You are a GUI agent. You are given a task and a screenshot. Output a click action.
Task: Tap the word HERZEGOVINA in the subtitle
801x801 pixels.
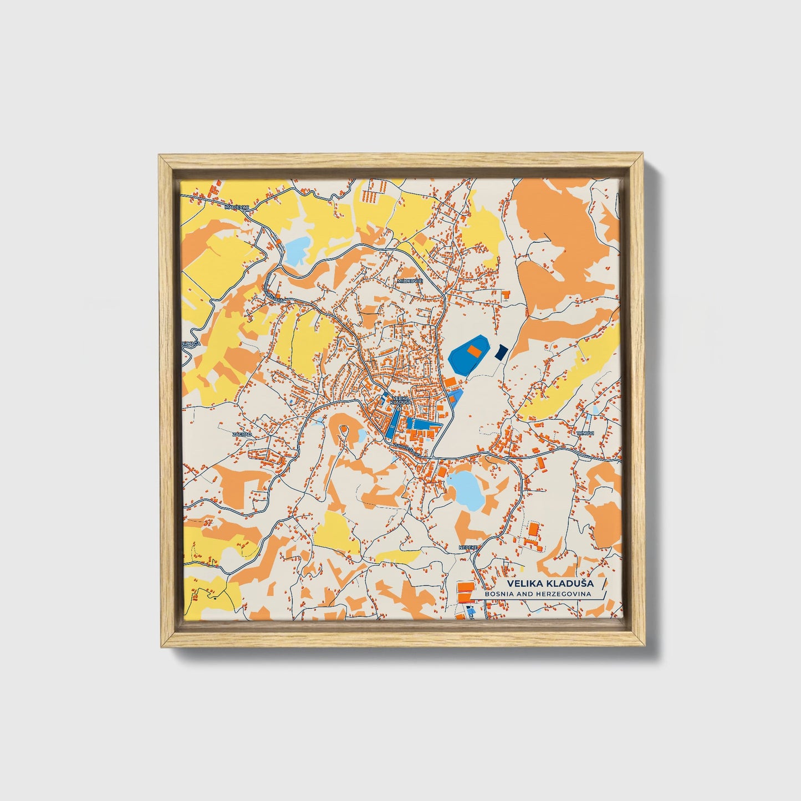[565, 594]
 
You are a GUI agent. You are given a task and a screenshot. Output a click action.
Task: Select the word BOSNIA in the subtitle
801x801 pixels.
[499, 594]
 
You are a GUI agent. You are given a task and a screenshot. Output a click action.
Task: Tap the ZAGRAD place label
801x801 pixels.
[242, 434]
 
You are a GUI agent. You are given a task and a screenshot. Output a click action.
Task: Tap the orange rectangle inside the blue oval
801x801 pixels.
[473, 351]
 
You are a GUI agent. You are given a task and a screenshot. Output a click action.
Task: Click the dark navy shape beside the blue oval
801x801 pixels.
[501, 352]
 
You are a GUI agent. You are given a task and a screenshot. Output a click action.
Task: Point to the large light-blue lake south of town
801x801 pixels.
[466, 489]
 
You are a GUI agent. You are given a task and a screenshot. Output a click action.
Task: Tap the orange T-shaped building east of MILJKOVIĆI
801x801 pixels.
[505, 295]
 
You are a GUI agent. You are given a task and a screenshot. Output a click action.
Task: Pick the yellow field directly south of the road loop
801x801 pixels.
[337, 529]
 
